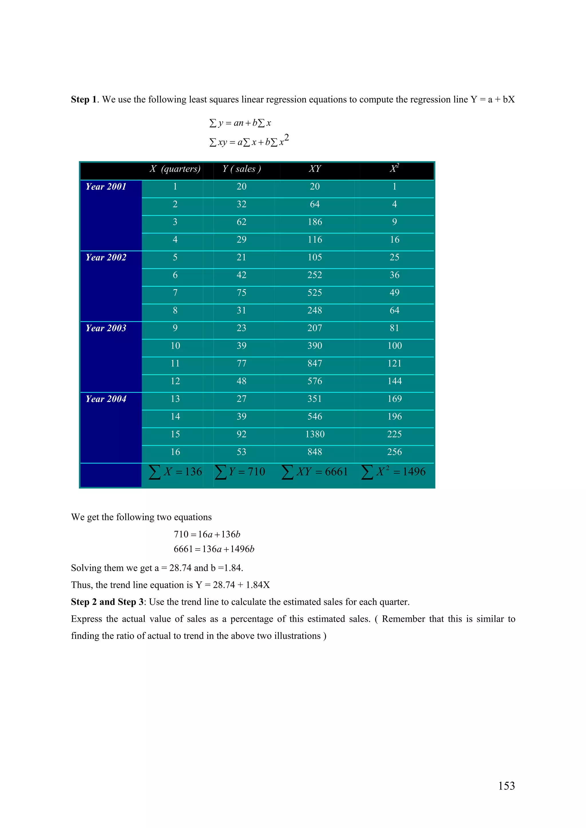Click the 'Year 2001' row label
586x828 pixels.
coord(106,187)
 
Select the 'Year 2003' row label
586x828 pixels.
coord(106,328)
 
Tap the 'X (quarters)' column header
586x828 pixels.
coord(175,169)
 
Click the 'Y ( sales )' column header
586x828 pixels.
coord(241,169)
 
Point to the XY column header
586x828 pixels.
coord(315,169)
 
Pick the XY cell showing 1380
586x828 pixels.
coord(315,434)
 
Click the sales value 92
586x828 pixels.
coord(241,434)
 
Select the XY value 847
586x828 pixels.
coord(315,363)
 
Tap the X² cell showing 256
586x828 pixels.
coord(394,452)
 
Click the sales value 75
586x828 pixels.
coord(241,293)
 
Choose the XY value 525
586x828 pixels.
coord(315,293)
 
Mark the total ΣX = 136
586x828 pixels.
coord(175,472)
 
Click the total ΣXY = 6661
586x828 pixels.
coord(314,472)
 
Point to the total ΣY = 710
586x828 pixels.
coord(240,472)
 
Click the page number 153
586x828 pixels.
coord(506,786)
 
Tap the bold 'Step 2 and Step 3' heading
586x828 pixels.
coord(107,602)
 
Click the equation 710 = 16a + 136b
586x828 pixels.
coord(207,535)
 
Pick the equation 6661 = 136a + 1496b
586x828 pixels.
coord(214,549)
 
